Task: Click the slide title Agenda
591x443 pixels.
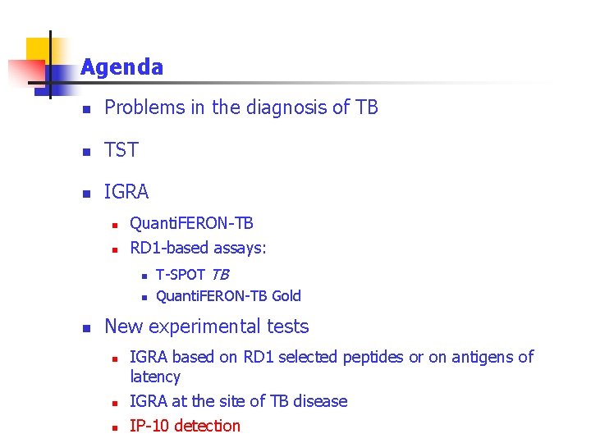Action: [121, 67]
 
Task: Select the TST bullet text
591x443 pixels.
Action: [121, 150]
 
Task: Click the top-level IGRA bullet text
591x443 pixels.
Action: [126, 192]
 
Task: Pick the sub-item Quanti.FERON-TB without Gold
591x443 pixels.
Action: [191, 223]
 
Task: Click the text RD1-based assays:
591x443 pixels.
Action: [198, 248]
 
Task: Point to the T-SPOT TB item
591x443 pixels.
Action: [192, 274]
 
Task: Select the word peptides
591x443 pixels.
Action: [373, 357]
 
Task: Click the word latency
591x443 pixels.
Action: [155, 377]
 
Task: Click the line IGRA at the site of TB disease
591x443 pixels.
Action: [238, 401]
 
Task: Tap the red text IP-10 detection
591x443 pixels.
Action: [185, 426]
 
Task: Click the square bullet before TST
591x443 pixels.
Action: [84, 152]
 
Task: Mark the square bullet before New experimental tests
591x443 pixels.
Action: [84, 328]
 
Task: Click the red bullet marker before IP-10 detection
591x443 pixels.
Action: [116, 427]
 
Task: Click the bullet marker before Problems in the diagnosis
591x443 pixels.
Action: [84, 109]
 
